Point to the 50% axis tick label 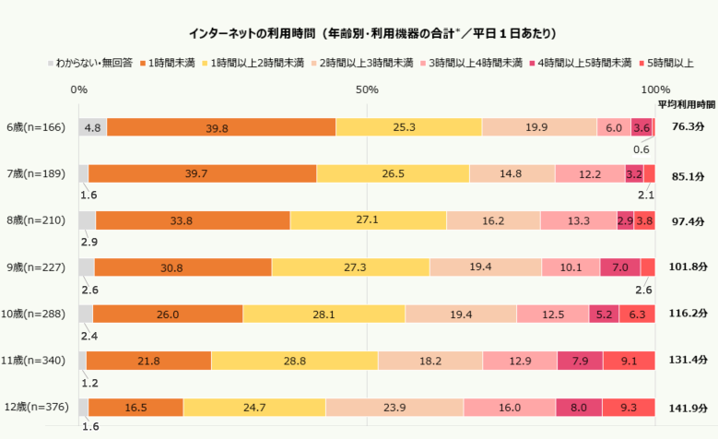click(x=367, y=89)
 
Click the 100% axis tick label click(x=654, y=89)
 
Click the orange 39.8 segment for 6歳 click(x=221, y=127)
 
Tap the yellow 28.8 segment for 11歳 click(x=295, y=361)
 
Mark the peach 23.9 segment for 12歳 click(x=394, y=407)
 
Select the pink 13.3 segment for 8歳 click(x=578, y=220)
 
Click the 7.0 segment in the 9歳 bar click(x=619, y=267)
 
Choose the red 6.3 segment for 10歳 click(x=637, y=314)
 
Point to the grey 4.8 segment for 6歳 click(x=92, y=127)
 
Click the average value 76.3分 click(x=688, y=127)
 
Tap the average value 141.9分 click(x=688, y=407)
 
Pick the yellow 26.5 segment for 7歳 click(x=393, y=174)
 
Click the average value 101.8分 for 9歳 click(x=688, y=267)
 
